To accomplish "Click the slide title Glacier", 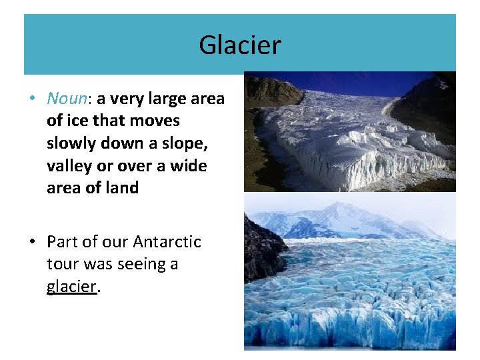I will [x=240, y=45].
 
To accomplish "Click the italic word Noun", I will [x=67, y=99].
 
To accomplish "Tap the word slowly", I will [x=70, y=143].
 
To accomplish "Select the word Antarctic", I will [x=167, y=241].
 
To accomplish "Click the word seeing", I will [x=141, y=265].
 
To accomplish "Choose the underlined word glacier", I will [x=72, y=287].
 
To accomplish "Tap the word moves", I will [x=155, y=121].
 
